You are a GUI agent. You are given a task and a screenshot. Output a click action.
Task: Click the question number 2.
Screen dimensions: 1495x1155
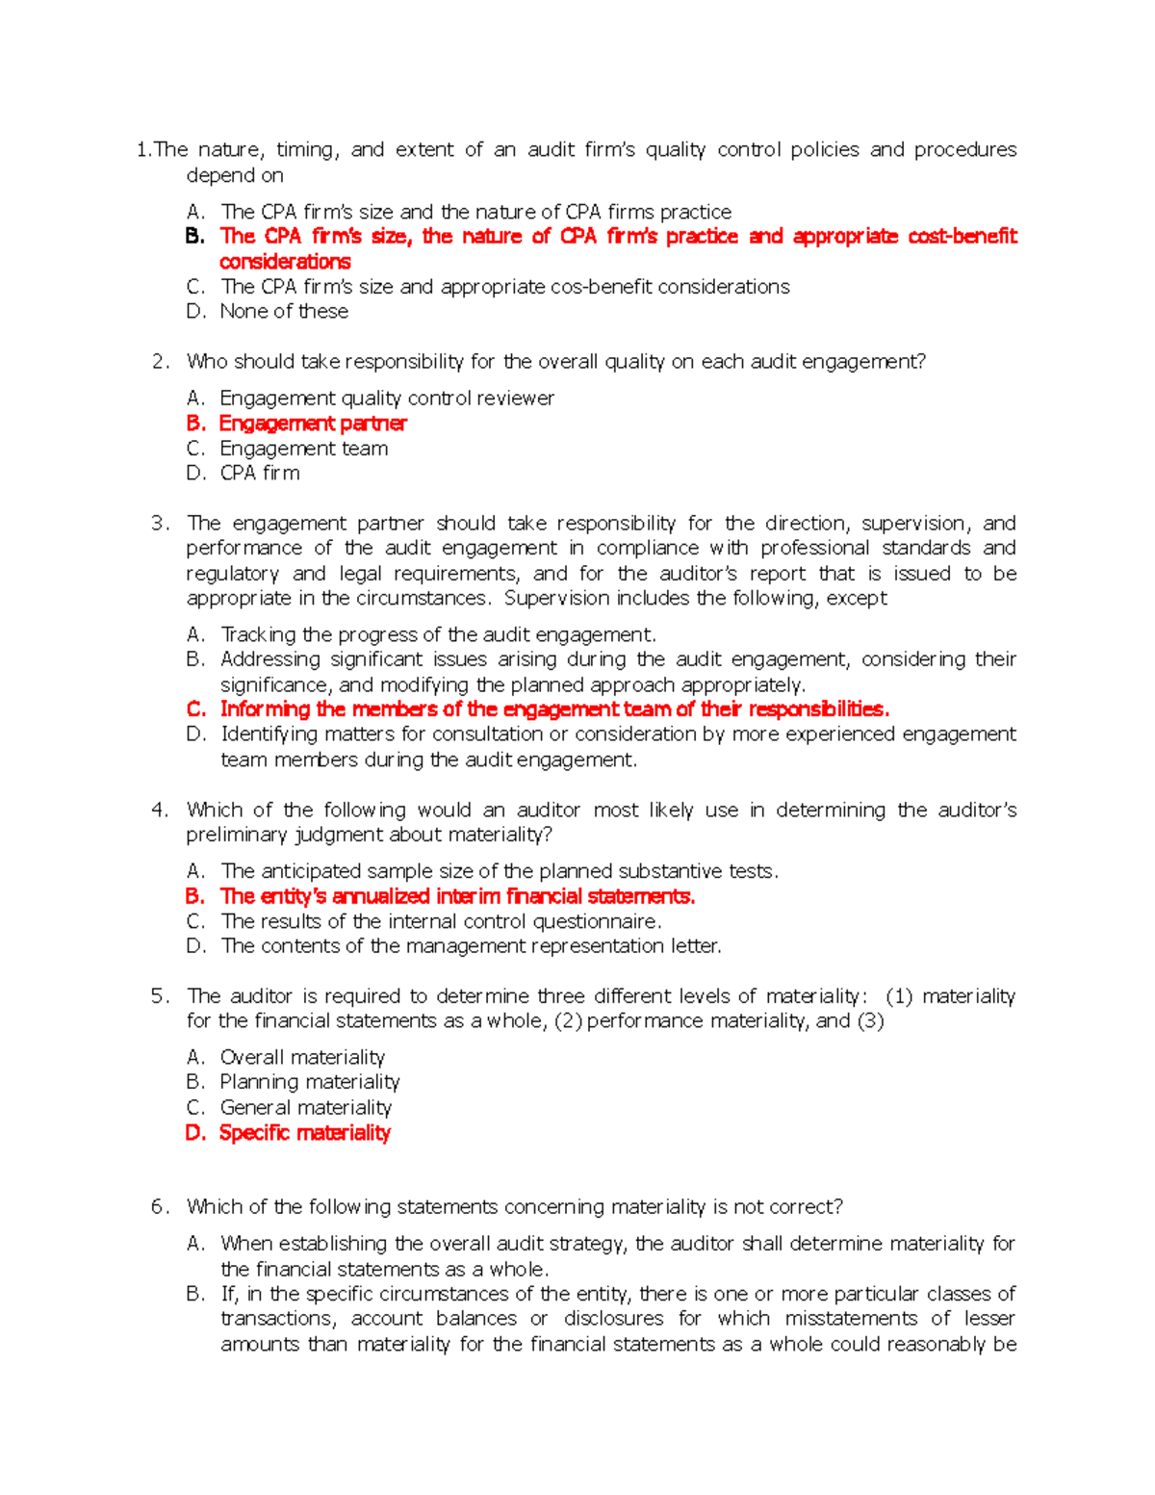coord(160,362)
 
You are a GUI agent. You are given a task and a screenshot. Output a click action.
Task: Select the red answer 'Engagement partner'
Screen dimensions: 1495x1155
coord(312,424)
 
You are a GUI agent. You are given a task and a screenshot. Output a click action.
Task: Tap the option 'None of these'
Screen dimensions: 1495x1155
coord(284,312)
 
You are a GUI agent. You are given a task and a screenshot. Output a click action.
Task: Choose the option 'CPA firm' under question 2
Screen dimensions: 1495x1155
coord(260,474)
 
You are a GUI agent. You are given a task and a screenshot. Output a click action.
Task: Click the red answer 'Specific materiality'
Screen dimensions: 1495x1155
coord(304,1133)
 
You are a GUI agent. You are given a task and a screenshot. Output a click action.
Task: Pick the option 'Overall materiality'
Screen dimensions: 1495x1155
coord(302,1058)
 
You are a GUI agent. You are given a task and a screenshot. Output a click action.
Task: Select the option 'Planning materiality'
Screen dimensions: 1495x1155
coord(309,1083)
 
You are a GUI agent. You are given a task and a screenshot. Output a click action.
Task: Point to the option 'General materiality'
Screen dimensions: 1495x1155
coord(305,1108)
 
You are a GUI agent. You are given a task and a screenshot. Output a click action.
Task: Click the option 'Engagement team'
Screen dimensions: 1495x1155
coord(303,449)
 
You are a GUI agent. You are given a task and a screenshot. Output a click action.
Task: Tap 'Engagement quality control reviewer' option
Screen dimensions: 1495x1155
coord(387,399)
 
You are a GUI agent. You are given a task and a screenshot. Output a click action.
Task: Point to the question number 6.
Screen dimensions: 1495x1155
coord(160,1207)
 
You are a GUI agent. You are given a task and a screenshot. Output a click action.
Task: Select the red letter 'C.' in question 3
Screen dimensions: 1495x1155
coord(196,709)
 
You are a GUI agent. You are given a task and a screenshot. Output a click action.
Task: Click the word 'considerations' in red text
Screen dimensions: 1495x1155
coord(285,262)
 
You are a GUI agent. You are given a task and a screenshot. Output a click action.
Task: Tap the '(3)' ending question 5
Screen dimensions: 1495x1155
coord(870,1021)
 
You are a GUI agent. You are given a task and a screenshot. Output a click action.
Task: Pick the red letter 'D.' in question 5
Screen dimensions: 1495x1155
coord(195,1133)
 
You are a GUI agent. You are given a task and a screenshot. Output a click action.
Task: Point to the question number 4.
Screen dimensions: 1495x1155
coord(160,811)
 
